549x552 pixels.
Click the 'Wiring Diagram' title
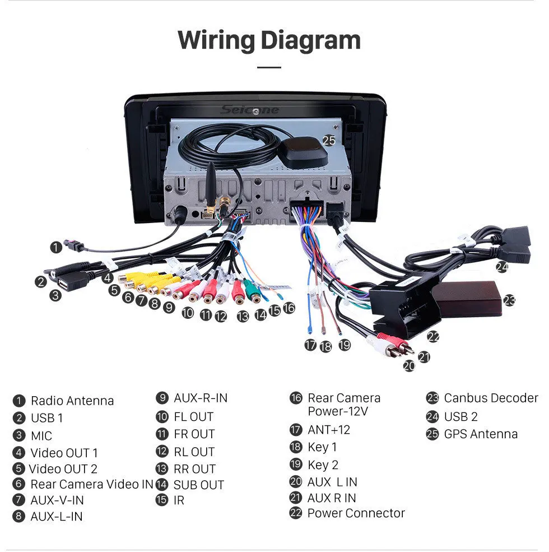click(269, 41)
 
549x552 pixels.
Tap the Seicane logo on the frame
click(249, 110)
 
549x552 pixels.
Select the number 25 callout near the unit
click(329, 141)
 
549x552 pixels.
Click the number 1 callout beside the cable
click(55, 247)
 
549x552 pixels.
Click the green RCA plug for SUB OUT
click(253, 291)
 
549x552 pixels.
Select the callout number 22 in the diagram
click(432, 337)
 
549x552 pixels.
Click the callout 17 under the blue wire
click(310, 345)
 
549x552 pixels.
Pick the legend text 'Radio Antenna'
click(72, 401)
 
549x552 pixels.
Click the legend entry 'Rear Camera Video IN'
click(91, 484)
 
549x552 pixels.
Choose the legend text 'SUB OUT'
click(198, 485)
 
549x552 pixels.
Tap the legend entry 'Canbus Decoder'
click(490, 398)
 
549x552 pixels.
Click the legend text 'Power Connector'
click(356, 513)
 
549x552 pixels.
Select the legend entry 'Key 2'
click(323, 465)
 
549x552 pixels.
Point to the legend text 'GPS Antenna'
click(481, 434)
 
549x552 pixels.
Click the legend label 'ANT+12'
click(328, 430)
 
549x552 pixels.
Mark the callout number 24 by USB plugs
click(501, 267)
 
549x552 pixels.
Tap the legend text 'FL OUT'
click(193, 417)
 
